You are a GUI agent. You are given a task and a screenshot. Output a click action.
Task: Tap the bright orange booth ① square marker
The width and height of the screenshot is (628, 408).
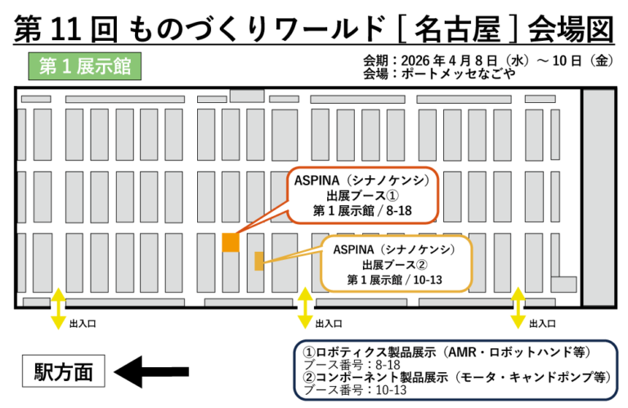tap(231, 243)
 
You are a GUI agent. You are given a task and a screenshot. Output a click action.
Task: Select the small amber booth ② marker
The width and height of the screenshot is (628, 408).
tap(259, 261)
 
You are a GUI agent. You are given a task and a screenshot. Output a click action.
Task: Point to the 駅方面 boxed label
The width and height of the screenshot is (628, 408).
tap(64, 373)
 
